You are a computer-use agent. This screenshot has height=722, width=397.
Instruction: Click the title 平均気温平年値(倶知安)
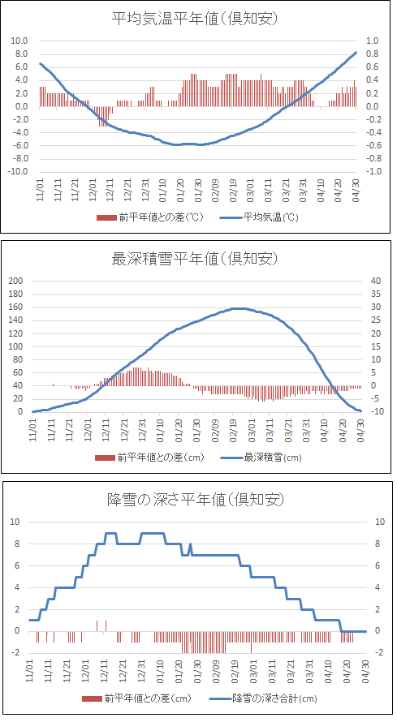(x=196, y=19)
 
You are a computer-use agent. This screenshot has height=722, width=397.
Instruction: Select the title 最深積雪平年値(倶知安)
(x=196, y=259)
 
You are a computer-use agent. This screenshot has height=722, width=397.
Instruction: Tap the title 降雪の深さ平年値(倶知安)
(x=196, y=499)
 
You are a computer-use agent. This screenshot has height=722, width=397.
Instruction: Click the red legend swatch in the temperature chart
(x=106, y=217)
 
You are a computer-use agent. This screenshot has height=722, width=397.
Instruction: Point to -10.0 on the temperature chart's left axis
(x=19, y=172)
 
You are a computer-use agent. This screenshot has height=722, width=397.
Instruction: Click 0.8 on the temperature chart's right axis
(x=372, y=54)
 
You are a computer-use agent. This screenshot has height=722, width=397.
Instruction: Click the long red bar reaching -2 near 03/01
(x=251, y=642)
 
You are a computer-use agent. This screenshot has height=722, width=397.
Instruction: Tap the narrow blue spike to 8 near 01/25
(x=190, y=549)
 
